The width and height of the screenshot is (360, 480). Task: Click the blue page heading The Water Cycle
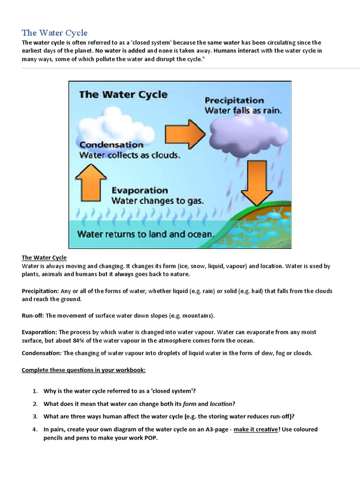click(x=55, y=33)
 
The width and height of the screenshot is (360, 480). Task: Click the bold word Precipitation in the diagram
click(x=234, y=100)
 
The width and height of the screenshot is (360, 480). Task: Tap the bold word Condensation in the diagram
click(x=112, y=145)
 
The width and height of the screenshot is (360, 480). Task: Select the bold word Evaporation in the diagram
click(x=139, y=190)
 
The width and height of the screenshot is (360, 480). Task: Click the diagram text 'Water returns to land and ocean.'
click(x=146, y=233)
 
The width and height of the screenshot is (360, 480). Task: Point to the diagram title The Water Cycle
click(x=123, y=94)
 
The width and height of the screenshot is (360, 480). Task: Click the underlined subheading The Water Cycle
click(x=44, y=258)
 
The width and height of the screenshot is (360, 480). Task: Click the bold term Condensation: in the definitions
click(x=41, y=353)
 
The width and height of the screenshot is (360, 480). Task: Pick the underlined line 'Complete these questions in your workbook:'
click(x=84, y=370)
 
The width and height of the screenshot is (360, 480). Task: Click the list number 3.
click(x=35, y=416)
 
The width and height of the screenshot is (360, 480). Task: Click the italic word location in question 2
click(x=220, y=404)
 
